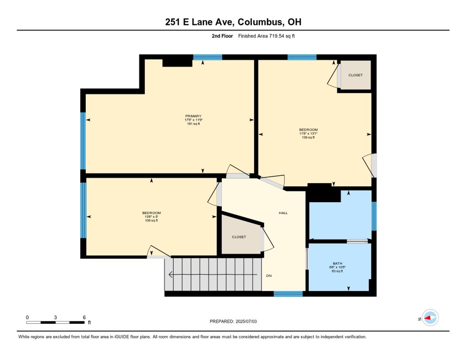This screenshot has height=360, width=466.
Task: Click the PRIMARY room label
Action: point(193,116)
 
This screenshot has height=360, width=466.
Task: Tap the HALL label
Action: point(283,213)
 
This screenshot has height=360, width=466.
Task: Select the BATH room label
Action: point(337,263)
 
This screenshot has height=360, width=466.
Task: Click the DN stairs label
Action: point(269,276)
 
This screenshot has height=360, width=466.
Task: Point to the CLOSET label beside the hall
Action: point(239,237)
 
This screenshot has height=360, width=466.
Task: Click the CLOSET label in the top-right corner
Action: point(355,75)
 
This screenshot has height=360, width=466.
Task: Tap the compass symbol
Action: point(430,318)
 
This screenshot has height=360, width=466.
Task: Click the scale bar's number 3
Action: point(55,317)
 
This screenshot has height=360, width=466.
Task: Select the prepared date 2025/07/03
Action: point(246,321)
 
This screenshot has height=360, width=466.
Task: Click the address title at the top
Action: point(233,22)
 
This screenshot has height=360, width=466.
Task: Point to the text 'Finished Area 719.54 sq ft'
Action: point(266,36)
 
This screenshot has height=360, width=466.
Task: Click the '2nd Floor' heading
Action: point(222,36)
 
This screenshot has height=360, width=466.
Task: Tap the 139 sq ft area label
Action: point(308,137)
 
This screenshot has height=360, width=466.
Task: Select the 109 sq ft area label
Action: point(151,220)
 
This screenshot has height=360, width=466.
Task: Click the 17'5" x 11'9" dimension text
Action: point(193,120)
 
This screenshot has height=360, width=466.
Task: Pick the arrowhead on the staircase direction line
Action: point(170,274)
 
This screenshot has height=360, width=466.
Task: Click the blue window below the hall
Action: point(288,294)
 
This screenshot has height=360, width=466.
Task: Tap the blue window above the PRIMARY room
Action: point(208,57)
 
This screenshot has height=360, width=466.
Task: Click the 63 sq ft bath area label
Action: point(337,271)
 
